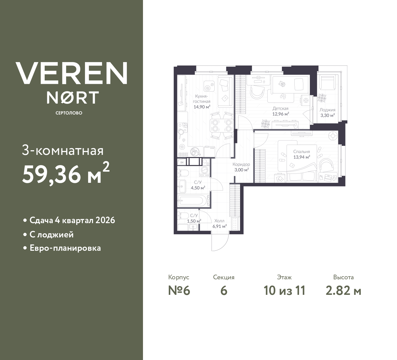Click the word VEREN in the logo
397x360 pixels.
[71, 73]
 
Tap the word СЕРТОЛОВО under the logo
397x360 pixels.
[69, 113]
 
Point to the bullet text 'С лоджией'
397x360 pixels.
[51, 234]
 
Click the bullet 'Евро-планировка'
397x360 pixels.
[65, 248]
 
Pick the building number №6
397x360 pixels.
[179, 290]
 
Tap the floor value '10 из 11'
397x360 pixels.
[284, 290]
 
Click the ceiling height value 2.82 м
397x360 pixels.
[343, 290]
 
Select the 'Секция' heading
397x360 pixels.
[224, 277]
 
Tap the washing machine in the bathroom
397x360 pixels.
[205, 171]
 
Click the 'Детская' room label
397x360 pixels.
[280, 109]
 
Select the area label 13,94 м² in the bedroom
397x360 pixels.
[302, 157]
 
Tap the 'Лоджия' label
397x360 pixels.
[327, 110]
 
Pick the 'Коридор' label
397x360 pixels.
[241, 164]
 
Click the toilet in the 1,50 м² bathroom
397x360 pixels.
[183, 216]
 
